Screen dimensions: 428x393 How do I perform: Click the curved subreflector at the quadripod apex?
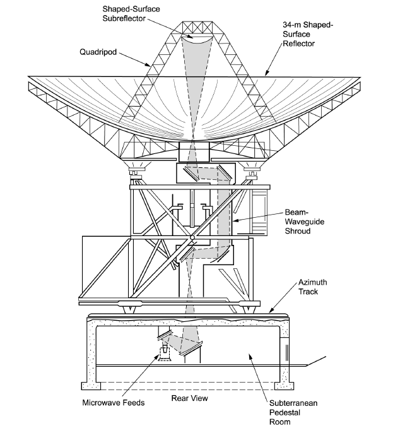200,43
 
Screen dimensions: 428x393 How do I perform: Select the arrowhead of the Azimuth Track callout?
271,311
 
